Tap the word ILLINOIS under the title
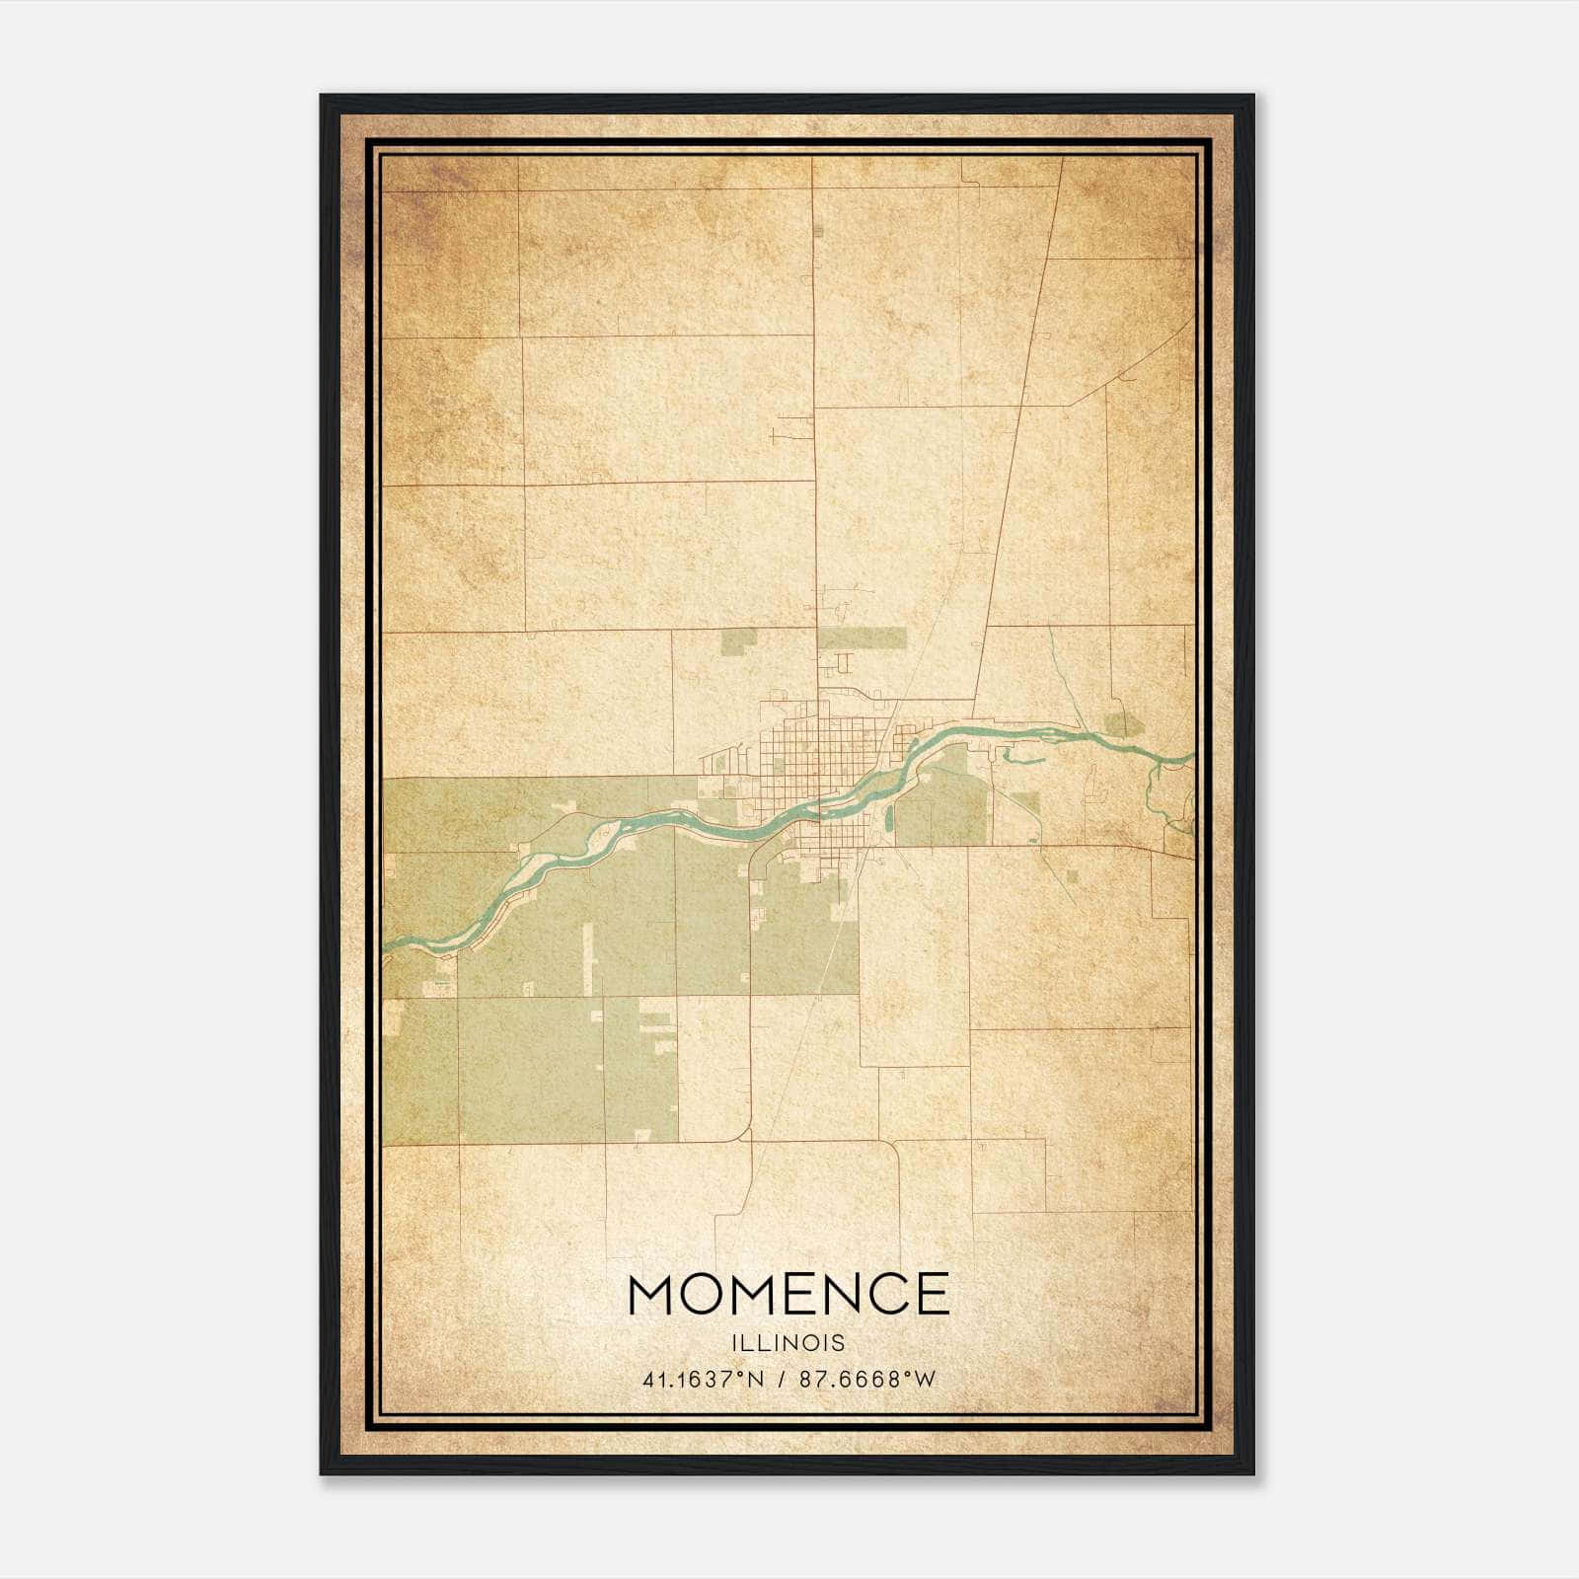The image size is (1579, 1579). point(788,1342)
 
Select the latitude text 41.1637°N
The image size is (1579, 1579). point(704,1380)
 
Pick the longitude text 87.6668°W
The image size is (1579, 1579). point(866,1380)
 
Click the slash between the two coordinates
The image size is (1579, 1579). point(782,1380)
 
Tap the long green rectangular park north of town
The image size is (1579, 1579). point(862,639)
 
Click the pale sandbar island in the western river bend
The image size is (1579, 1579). point(543,868)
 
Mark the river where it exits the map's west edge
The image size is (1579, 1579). point(388,944)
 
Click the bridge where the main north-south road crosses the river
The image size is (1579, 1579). point(818,811)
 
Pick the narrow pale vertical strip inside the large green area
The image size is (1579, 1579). point(589,957)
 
